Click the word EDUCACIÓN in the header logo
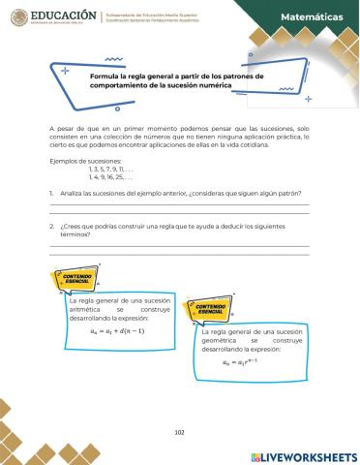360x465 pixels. (66, 15)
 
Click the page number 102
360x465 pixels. (180, 432)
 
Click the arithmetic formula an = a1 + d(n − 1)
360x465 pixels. (118, 330)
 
